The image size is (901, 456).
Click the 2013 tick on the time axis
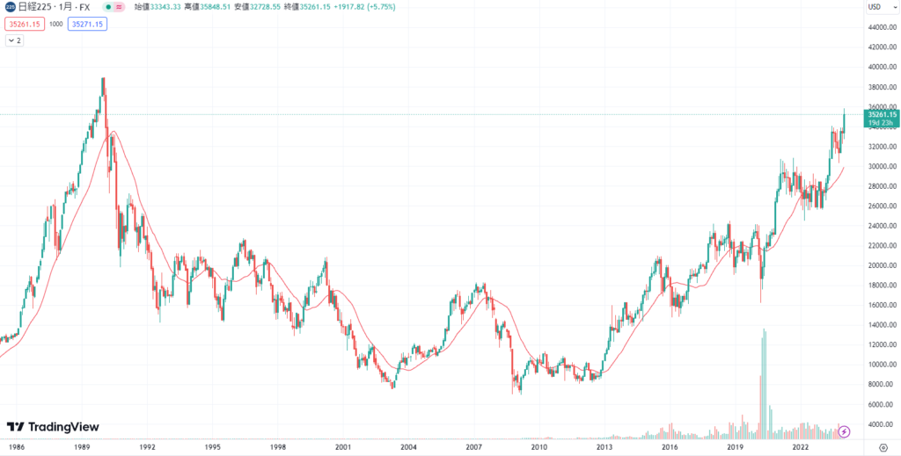(604, 446)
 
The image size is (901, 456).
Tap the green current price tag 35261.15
(881, 114)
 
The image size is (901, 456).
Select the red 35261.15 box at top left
(25, 24)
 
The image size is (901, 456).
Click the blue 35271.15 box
(88, 24)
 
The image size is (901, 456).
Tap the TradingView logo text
(53, 427)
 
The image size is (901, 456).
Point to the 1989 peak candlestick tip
(104, 78)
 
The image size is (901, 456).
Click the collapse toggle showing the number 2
(16, 40)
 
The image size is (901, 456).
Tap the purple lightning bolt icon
(845, 431)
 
